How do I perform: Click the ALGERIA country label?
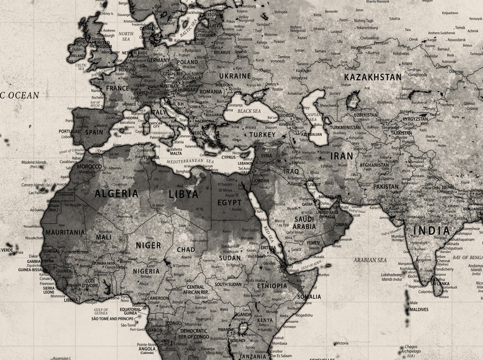click(x=116, y=193)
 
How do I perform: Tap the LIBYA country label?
click(x=183, y=194)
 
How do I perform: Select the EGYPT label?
click(x=229, y=202)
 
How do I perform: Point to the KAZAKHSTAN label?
click(x=373, y=77)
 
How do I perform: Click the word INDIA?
click(x=431, y=230)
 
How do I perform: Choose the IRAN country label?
click(x=341, y=156)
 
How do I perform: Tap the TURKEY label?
click(x=262, y=134)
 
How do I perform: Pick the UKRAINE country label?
click(x=235, y=76)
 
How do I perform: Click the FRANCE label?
click(x=117, y=88)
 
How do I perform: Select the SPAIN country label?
click(x=94, y=131)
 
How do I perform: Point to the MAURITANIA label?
click(x=64, y=232)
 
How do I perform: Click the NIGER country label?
click(x=148, y=245)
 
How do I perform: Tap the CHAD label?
click(x=186, y=249)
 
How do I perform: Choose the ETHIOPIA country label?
click(x=272, y=285)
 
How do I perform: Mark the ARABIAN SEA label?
click(x=370, y=260)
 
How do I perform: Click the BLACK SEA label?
click(x=249, y=111)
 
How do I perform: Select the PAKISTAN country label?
click(x=386, y=187)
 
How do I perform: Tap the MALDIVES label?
click(x=419, y=310)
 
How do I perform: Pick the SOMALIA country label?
click(x=308, y=297)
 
